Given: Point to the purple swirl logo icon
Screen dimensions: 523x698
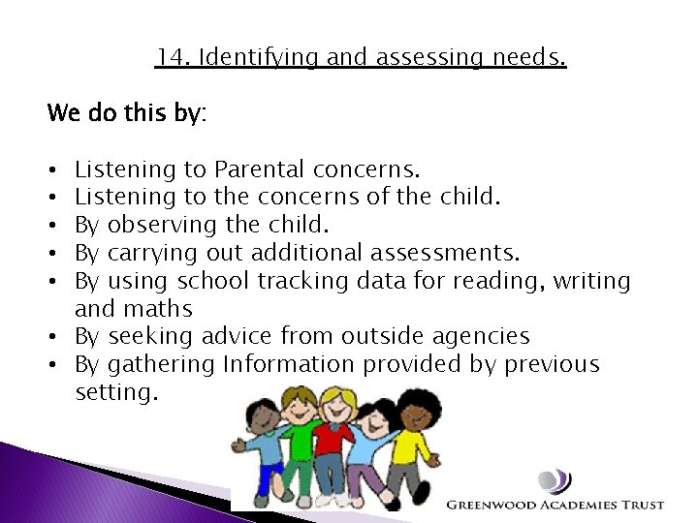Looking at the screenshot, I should tap(555, 481).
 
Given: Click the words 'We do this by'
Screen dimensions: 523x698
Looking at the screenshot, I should tap(126, 113).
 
